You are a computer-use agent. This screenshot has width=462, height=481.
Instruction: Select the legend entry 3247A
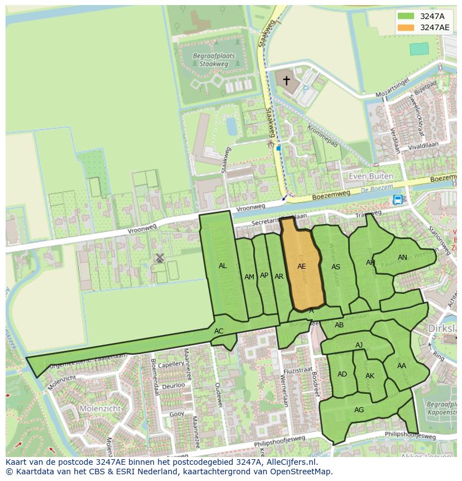(x=432, y=16)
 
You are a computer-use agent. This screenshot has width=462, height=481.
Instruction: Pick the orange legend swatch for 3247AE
(x=406, y=27)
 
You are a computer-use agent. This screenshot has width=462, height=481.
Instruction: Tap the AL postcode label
(x=223, y=266)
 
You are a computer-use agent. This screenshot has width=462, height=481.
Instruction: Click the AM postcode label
(x=249, y=277)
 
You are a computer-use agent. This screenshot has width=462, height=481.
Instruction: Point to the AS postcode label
(x=336, y=267)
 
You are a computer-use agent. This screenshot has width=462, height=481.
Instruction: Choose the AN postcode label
(x=402, y=258)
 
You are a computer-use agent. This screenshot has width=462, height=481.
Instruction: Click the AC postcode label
(x=219, y=331)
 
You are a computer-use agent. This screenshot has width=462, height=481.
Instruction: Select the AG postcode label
(x=359, y=410)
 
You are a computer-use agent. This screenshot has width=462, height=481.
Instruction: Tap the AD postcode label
(x=342, y=374)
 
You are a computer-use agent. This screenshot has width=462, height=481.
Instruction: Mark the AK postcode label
(x=370, y=376)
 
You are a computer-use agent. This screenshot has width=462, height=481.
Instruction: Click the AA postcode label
(x=402, y=366)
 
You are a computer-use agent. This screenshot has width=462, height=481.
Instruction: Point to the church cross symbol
(x=286, y=80)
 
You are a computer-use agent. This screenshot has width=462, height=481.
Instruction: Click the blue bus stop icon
(x=397, y=199)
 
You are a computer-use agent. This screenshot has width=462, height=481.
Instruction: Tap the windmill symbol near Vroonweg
(x=160, y=258)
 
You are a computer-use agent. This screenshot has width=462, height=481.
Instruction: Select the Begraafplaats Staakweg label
(x=213, y=60)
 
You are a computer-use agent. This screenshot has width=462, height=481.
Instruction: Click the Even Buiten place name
(x=370, y=176)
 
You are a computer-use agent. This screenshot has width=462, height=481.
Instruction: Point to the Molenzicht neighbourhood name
(x=100, y=408)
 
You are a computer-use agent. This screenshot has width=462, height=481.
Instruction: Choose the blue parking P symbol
(x=305, y=88)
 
